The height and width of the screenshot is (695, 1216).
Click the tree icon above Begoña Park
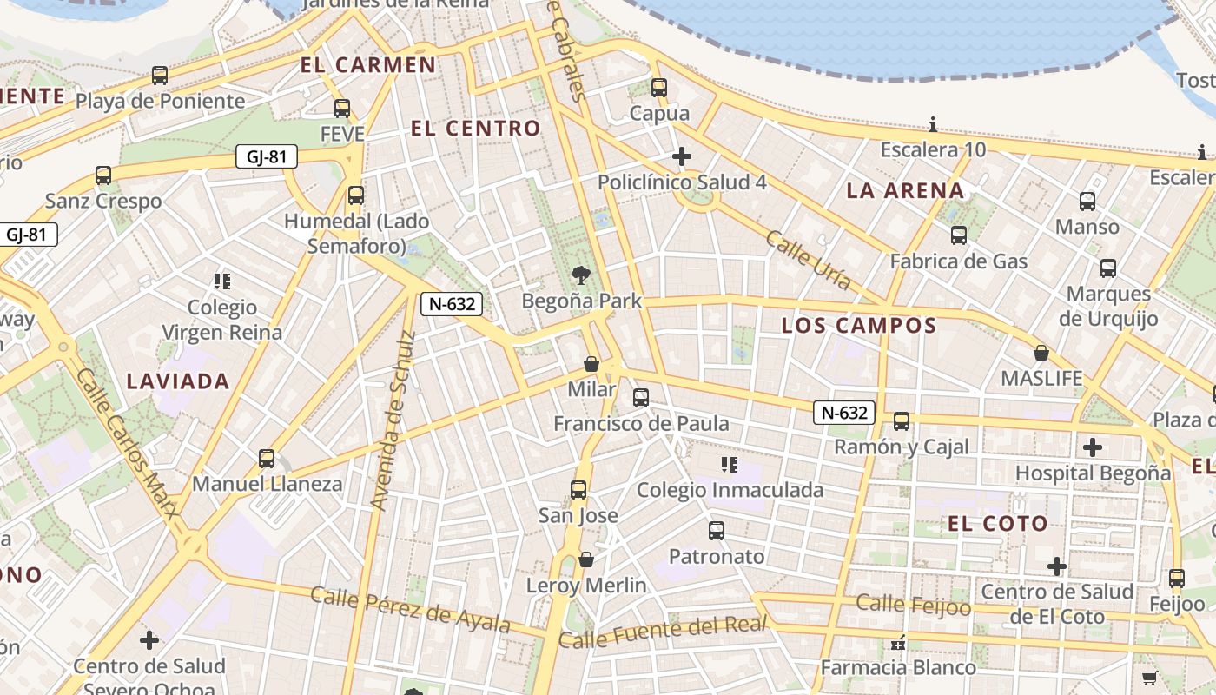click(580, 275)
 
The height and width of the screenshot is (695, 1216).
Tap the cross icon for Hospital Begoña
click(1093, 447)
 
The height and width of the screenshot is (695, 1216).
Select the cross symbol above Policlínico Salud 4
click(682, 156)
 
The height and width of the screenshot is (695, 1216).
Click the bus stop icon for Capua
click(659, 88)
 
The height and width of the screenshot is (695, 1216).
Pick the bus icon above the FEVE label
click(342, 109)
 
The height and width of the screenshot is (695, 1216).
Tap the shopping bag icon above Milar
click(591, 364)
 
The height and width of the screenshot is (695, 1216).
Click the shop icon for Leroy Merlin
click(586, 559)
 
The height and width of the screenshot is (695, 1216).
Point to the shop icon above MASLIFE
click(1041, 353)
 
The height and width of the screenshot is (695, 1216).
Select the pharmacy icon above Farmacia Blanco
click(898, 643)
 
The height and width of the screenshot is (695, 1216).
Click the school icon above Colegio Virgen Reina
click(222, 281)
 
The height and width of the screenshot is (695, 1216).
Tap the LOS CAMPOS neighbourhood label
click(858, 326)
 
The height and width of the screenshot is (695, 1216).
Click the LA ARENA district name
click(905, 191)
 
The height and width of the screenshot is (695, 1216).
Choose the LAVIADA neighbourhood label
click(178, 381)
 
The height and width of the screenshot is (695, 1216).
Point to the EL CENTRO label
click(475, 129)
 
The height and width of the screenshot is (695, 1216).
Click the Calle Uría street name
click(808, 260)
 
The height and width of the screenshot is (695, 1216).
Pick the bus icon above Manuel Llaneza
click(267, 458)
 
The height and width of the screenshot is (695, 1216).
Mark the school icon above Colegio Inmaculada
click(730, 465)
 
